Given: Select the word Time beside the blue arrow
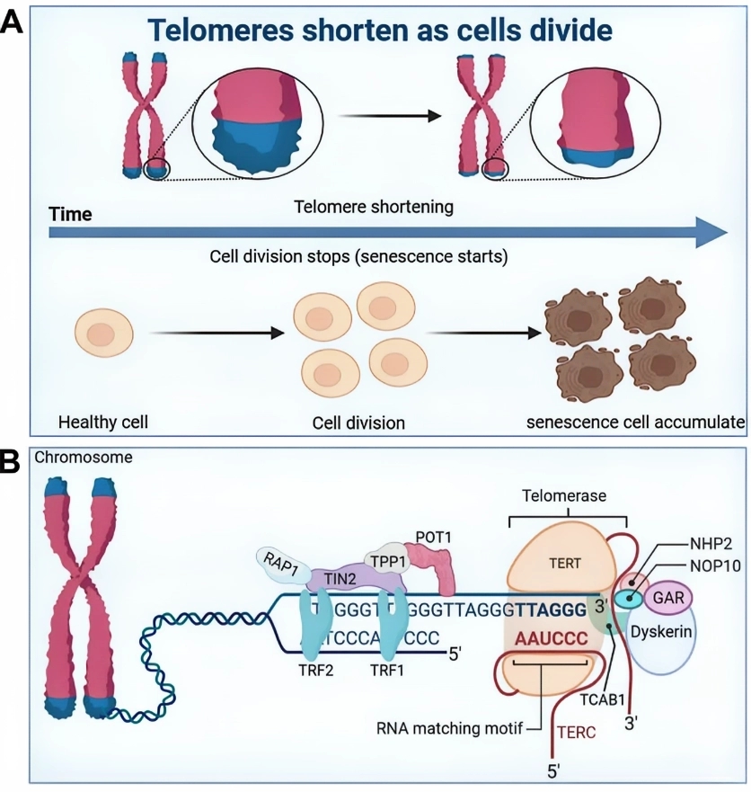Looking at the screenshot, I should pyautogui.click(x=69, y=214).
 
